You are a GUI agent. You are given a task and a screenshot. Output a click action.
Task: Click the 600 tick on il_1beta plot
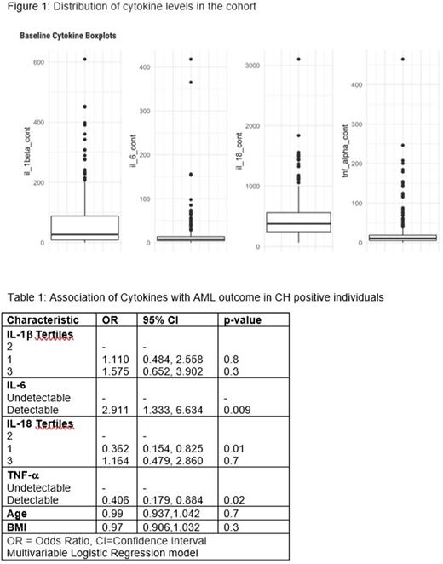click(x=38, y=62)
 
